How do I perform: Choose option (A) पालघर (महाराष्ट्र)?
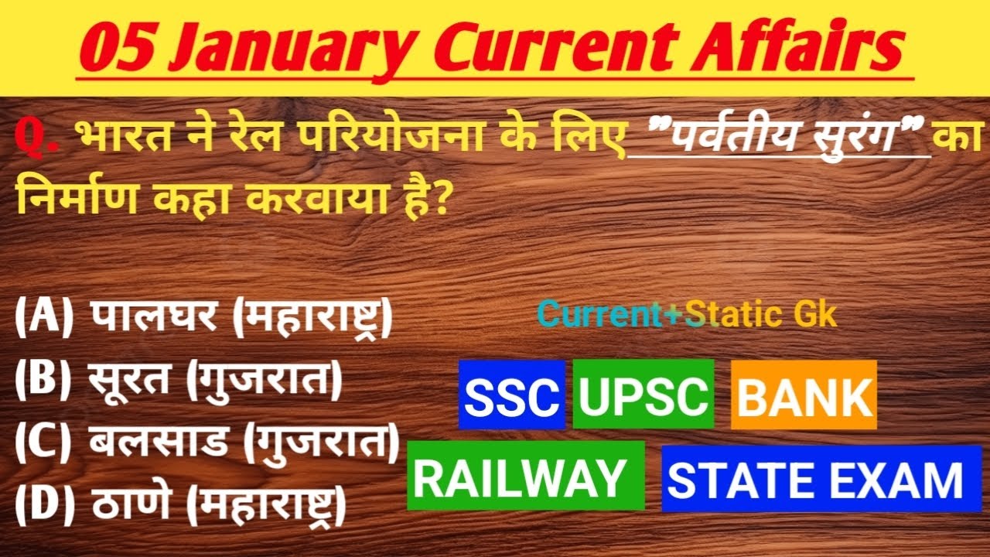pos(203,320)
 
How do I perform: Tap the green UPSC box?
pos(643,395)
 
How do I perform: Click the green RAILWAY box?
pos(525,477)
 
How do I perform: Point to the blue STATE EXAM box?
pos(814,480)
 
